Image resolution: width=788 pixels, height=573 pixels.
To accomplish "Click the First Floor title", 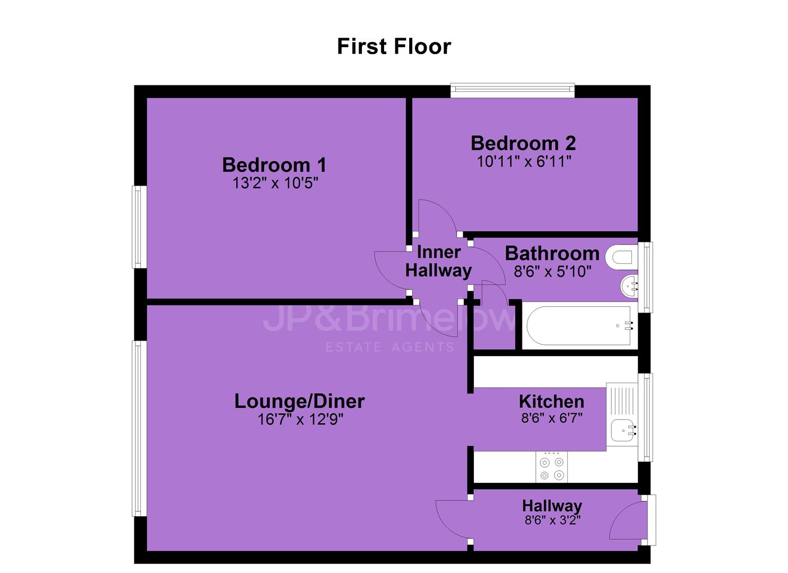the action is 394,47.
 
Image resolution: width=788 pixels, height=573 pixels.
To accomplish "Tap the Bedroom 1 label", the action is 274,164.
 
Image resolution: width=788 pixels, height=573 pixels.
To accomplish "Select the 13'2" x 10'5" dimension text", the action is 275,183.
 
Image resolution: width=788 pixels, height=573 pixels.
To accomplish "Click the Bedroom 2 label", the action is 523,143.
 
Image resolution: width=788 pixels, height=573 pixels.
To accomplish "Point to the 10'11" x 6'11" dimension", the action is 524,162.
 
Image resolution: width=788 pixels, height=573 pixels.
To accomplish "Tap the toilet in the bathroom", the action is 621,257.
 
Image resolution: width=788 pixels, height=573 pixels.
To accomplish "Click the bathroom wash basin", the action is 629,286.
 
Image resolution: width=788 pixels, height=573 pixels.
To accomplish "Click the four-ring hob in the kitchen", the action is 552,467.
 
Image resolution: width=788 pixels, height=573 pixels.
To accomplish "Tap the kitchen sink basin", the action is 624,430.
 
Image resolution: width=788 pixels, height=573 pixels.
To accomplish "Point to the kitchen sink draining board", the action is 622,401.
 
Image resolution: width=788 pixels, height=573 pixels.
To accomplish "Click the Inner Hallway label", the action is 438,262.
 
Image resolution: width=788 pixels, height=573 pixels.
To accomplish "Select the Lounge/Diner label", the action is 299,401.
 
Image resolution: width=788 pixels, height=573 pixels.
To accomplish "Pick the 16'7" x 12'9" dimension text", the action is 300,419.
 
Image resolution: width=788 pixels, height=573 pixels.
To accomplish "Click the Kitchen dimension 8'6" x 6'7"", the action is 552,418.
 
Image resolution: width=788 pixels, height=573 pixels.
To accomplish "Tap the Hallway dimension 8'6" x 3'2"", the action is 552,520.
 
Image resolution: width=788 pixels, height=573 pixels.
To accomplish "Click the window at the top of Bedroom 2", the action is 513,90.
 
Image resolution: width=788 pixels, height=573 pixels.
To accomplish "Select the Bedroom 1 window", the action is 140,227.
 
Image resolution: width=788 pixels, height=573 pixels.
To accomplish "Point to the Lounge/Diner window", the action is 140,429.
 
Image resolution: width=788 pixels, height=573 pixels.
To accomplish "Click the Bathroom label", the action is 552,253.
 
